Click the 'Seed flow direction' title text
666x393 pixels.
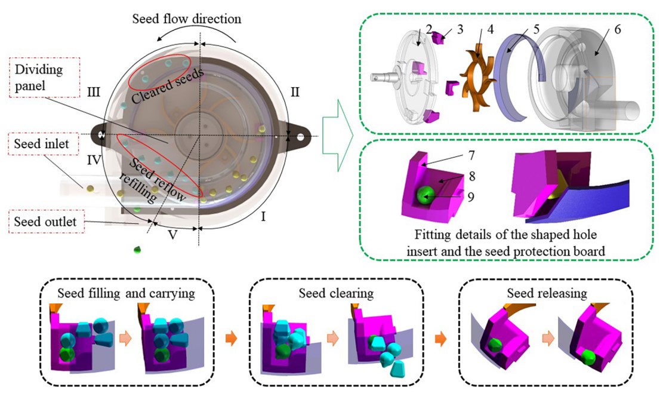pos(186,19)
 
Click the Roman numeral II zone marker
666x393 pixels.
pos(294,92)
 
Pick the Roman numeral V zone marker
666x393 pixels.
pos(172,235)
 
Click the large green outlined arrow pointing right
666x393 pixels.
pos(337,131)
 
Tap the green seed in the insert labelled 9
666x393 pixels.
pos(424,194)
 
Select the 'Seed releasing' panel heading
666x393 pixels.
pos(546,293)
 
